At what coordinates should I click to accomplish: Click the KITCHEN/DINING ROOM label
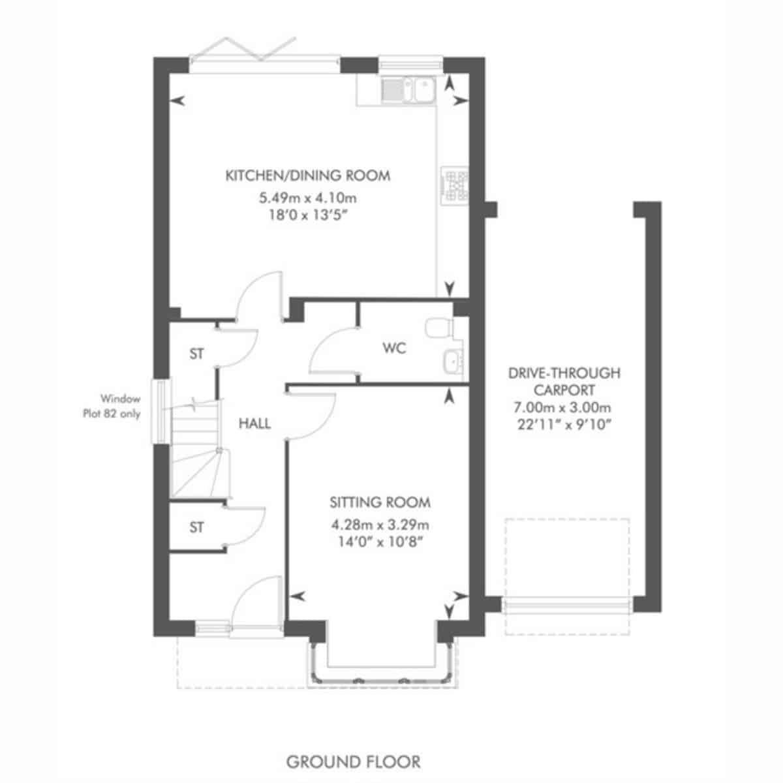pos(307,176)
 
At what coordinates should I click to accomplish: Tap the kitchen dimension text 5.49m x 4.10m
pos(308,198)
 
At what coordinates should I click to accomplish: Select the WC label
pos(394,348)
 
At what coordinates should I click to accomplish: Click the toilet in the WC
pos(440,328)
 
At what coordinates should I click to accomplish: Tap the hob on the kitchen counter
pos(455,186)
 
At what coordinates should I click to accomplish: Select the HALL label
pos(254,424)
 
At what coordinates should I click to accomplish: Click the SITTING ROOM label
pos(380,502)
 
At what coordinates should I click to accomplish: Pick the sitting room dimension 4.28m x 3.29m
pos(380,525)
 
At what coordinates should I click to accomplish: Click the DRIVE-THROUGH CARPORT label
pos(564,381)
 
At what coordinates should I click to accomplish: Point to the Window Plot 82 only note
pos(112,407)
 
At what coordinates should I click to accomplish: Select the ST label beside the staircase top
pos(196,354)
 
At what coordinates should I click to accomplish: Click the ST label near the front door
pos(196,527)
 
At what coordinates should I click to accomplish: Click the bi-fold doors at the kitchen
pos(264,57)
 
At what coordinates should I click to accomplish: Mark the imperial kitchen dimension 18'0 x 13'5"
pos(308,215)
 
